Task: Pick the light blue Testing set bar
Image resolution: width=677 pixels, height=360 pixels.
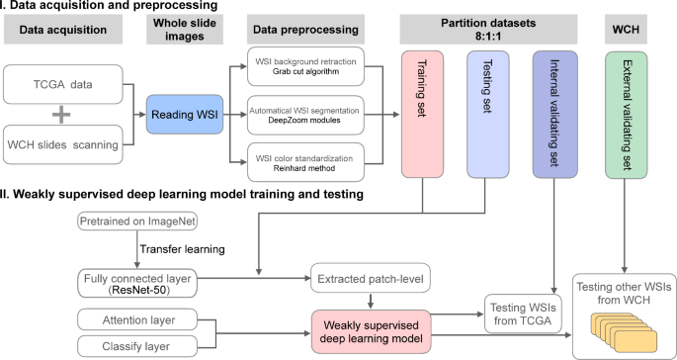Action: [484, 108]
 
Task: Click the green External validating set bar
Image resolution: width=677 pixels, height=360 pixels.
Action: [627, 108]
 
